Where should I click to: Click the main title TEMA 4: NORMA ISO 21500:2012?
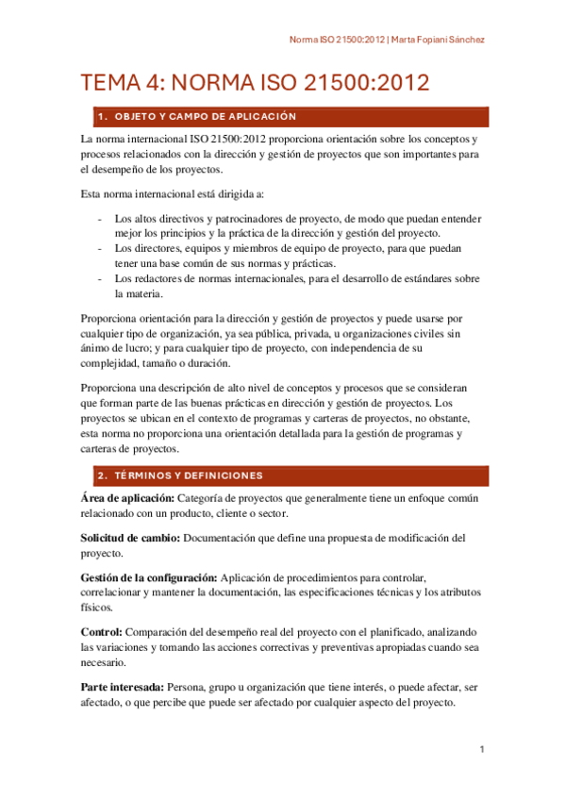click(255, 83)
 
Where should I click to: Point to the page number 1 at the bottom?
click(481, 750)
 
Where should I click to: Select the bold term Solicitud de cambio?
click(129, 538)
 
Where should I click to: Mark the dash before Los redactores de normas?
click(101, 279)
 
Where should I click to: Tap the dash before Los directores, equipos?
click(101, 249)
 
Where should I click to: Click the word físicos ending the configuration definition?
click(97, 608)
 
